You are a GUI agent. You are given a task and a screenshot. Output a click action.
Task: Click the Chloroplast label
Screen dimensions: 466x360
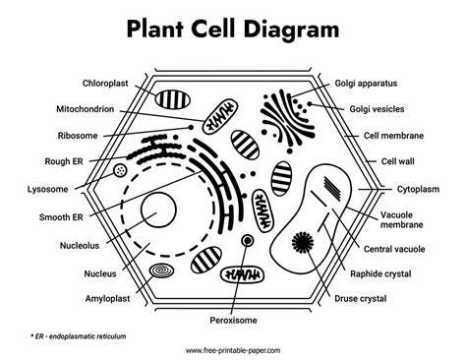coord(105,84)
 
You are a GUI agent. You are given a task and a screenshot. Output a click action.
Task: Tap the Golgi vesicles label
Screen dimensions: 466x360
coord(377,109)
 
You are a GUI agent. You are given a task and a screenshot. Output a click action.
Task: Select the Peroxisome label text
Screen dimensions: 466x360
coord(233,320)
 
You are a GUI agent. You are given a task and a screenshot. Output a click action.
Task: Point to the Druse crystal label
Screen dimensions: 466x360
coord(361,299)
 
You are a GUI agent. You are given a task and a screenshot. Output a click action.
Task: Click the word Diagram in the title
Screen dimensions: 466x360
coord(291,29)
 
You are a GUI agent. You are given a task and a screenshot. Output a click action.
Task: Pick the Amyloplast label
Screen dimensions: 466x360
coord(107,299)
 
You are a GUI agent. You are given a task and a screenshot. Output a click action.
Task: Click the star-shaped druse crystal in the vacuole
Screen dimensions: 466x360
coord(303,243)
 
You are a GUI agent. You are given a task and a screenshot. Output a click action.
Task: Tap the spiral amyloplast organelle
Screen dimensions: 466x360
coord(161,270)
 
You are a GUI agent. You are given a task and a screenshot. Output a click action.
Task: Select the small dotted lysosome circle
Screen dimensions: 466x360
coord(120,170)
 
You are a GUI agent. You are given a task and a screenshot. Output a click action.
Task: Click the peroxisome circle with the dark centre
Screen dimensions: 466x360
coord(248,241)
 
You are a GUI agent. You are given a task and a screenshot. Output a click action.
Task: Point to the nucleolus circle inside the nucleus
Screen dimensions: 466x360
coord(158,210)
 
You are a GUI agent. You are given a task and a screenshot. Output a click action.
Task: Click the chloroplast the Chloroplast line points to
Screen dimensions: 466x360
coord(173,99)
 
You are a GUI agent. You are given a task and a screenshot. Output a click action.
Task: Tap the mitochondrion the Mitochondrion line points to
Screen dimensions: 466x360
coord(219,118)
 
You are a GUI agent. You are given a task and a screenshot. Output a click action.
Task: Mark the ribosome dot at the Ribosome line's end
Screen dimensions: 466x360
coord(191,127)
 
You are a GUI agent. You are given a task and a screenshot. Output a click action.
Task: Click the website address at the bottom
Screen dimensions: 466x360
coord(233,350)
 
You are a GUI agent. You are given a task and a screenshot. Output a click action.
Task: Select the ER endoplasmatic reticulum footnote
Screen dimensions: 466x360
coord(78,336)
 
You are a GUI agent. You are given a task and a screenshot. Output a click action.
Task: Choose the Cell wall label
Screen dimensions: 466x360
coord(397,161)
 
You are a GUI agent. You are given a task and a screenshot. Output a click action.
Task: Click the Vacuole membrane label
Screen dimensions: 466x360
coord(401,219)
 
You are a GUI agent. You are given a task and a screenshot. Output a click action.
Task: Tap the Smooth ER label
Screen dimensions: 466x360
coord(61,217)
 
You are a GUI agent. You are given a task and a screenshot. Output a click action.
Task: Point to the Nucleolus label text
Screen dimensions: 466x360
coord(80,246)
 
